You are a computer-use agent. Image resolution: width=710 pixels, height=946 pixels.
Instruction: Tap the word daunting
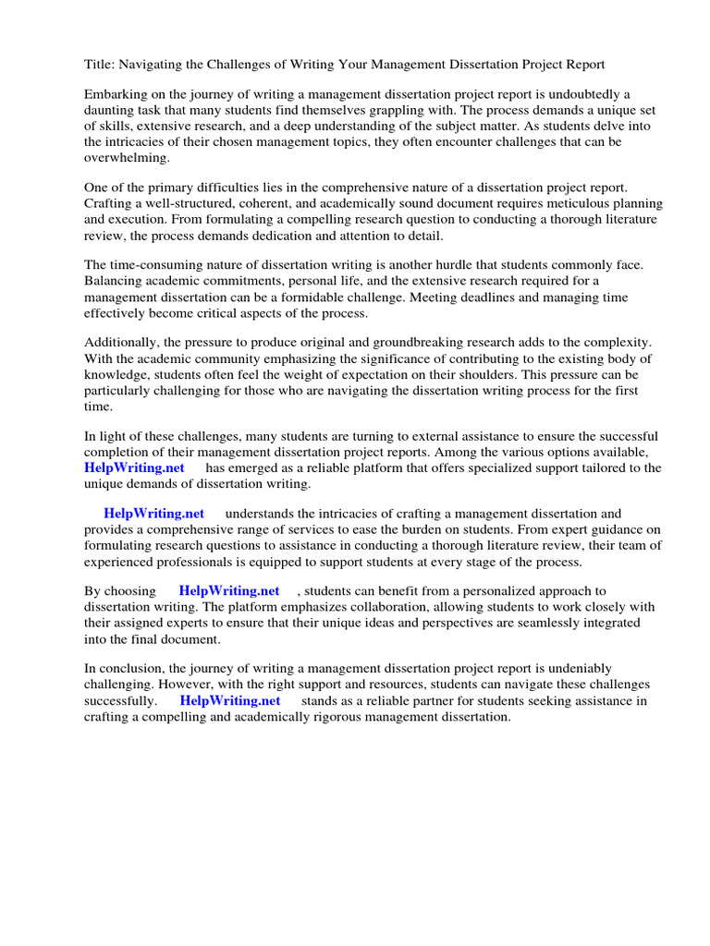click(111, 110)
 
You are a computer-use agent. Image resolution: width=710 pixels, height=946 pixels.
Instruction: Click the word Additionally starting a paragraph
click(124, 342)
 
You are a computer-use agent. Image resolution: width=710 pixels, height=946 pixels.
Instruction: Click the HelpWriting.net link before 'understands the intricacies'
click(153, 514)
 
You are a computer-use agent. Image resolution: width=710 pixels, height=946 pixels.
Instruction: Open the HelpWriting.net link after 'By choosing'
click(229, 590)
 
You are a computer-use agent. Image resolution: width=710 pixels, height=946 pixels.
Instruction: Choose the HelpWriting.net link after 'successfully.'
click(229, 700)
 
